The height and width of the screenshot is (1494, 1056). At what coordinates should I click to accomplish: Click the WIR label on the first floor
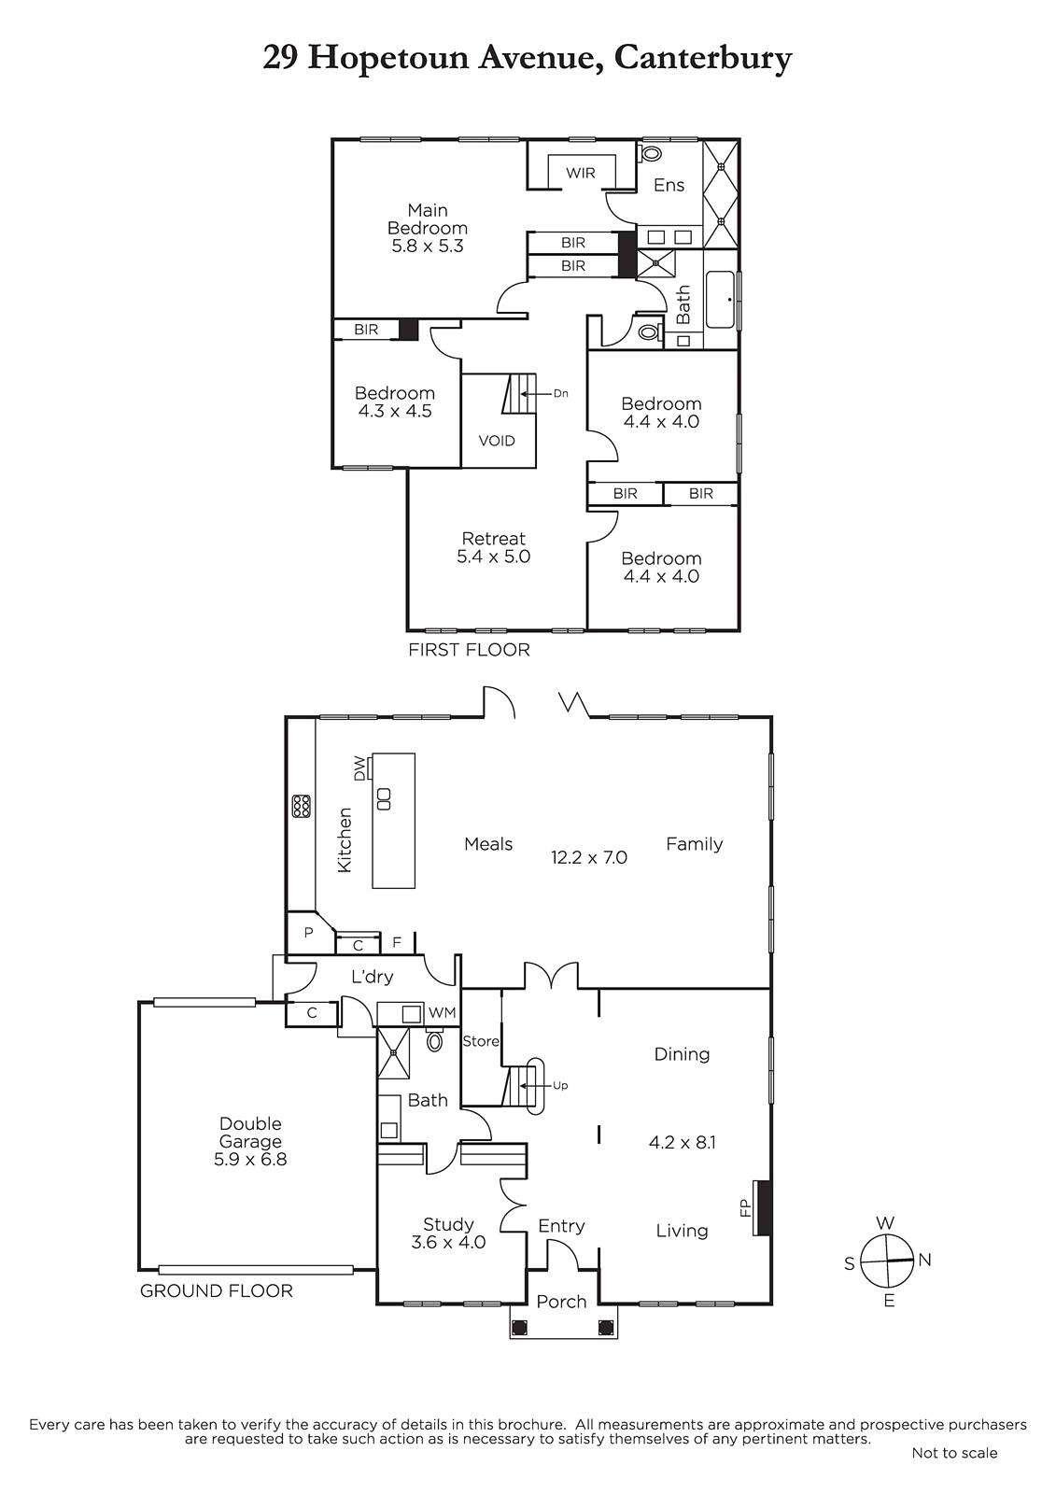pyautogui.click(x=581, y=173)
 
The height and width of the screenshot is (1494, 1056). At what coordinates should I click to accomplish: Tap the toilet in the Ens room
pyautogui.click(x=649, y=153)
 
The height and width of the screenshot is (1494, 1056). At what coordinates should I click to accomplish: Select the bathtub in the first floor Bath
pyautogui.click(x=720, y=300)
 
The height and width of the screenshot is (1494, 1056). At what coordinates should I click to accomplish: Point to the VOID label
pyautogui.click(x=497, y=441)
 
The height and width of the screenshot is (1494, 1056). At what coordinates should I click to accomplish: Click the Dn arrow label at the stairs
pyautogui.click(x=560, y=393)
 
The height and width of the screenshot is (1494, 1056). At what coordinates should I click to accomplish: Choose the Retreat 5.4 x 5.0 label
pyautogui.click(x=494, y=547)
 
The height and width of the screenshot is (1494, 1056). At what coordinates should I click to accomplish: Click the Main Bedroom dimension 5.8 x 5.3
pyautogui.click(x=428, y=247)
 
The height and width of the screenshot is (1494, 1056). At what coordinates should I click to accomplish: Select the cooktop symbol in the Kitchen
pyautogui.click(x=301, y=807)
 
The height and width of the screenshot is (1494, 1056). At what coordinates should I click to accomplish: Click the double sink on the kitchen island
pyautogui.click(x=384, y=798)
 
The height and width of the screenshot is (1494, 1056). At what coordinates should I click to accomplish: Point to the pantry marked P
pyautogui.click(x=310, y=933)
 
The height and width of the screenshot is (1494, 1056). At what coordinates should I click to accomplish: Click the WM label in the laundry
pyautogui.click(x=442, y=1012)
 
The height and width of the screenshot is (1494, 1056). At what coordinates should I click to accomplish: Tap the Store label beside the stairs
pyautogui.click(x=480, y=1041)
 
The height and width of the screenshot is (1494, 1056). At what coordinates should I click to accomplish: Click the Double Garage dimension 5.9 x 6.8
pyautogui.click(x=250, y=1159)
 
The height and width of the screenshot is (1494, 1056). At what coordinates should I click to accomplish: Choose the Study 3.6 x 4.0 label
pyautogui.click(x=448, y=1233)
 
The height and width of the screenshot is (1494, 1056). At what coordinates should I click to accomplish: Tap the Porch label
pyautogui.click(x=562, y=1301)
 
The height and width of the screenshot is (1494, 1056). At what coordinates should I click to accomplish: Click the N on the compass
pyautogui.click(x=924, y=1260)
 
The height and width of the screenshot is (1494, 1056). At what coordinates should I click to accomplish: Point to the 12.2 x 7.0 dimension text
pyautogui.click(x=589, y=857)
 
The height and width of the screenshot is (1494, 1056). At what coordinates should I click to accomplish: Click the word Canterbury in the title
pyautogui.click(x=703, y=60)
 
